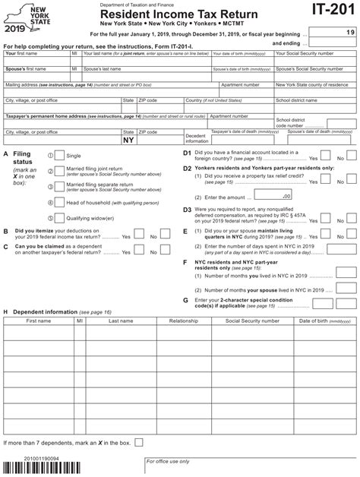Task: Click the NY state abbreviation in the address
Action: tap(128, 141)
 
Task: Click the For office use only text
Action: tap(172, 461)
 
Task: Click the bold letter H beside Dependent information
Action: tap(6, 312)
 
